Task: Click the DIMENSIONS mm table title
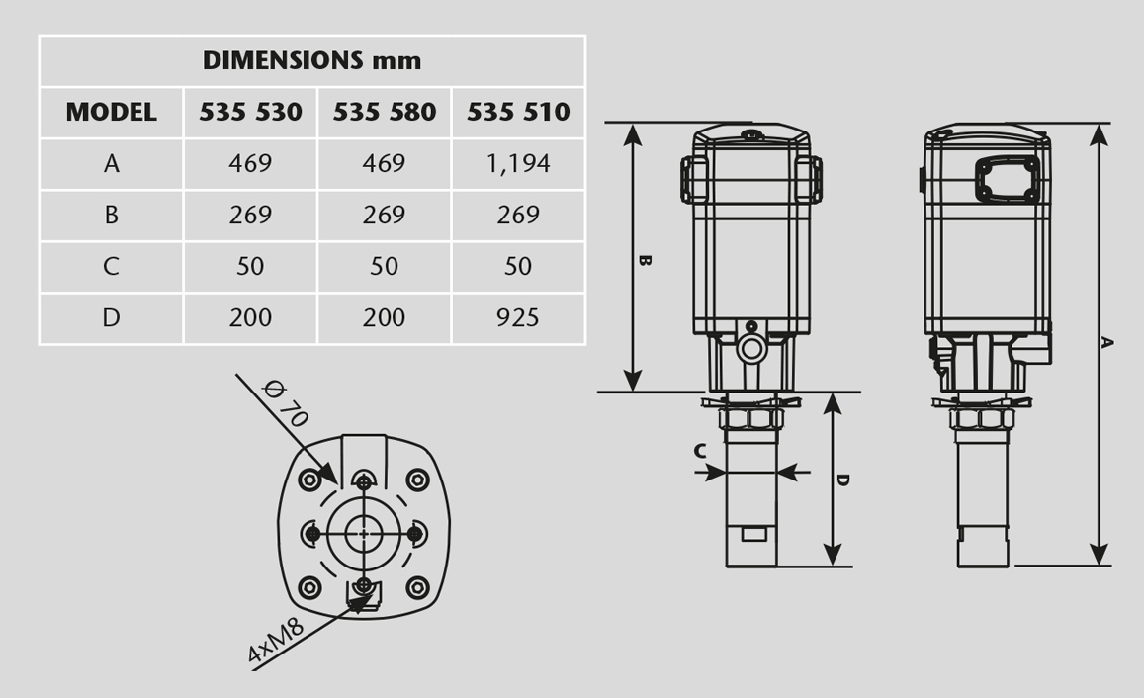click(x=311, y=60)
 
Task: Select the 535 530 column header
click(x=250, y=112)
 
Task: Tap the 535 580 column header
click(x=385, y=112)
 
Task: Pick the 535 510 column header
click(x=518, y=112)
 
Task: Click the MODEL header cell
click(x=111, y=112)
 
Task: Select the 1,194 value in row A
click(x=518, y=163)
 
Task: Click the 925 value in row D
click(x=518, y=318)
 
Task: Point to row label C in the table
click(x=111, y=266)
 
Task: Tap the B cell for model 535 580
click(x=384, y=215)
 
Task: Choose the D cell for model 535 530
click(x=250, y=318)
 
